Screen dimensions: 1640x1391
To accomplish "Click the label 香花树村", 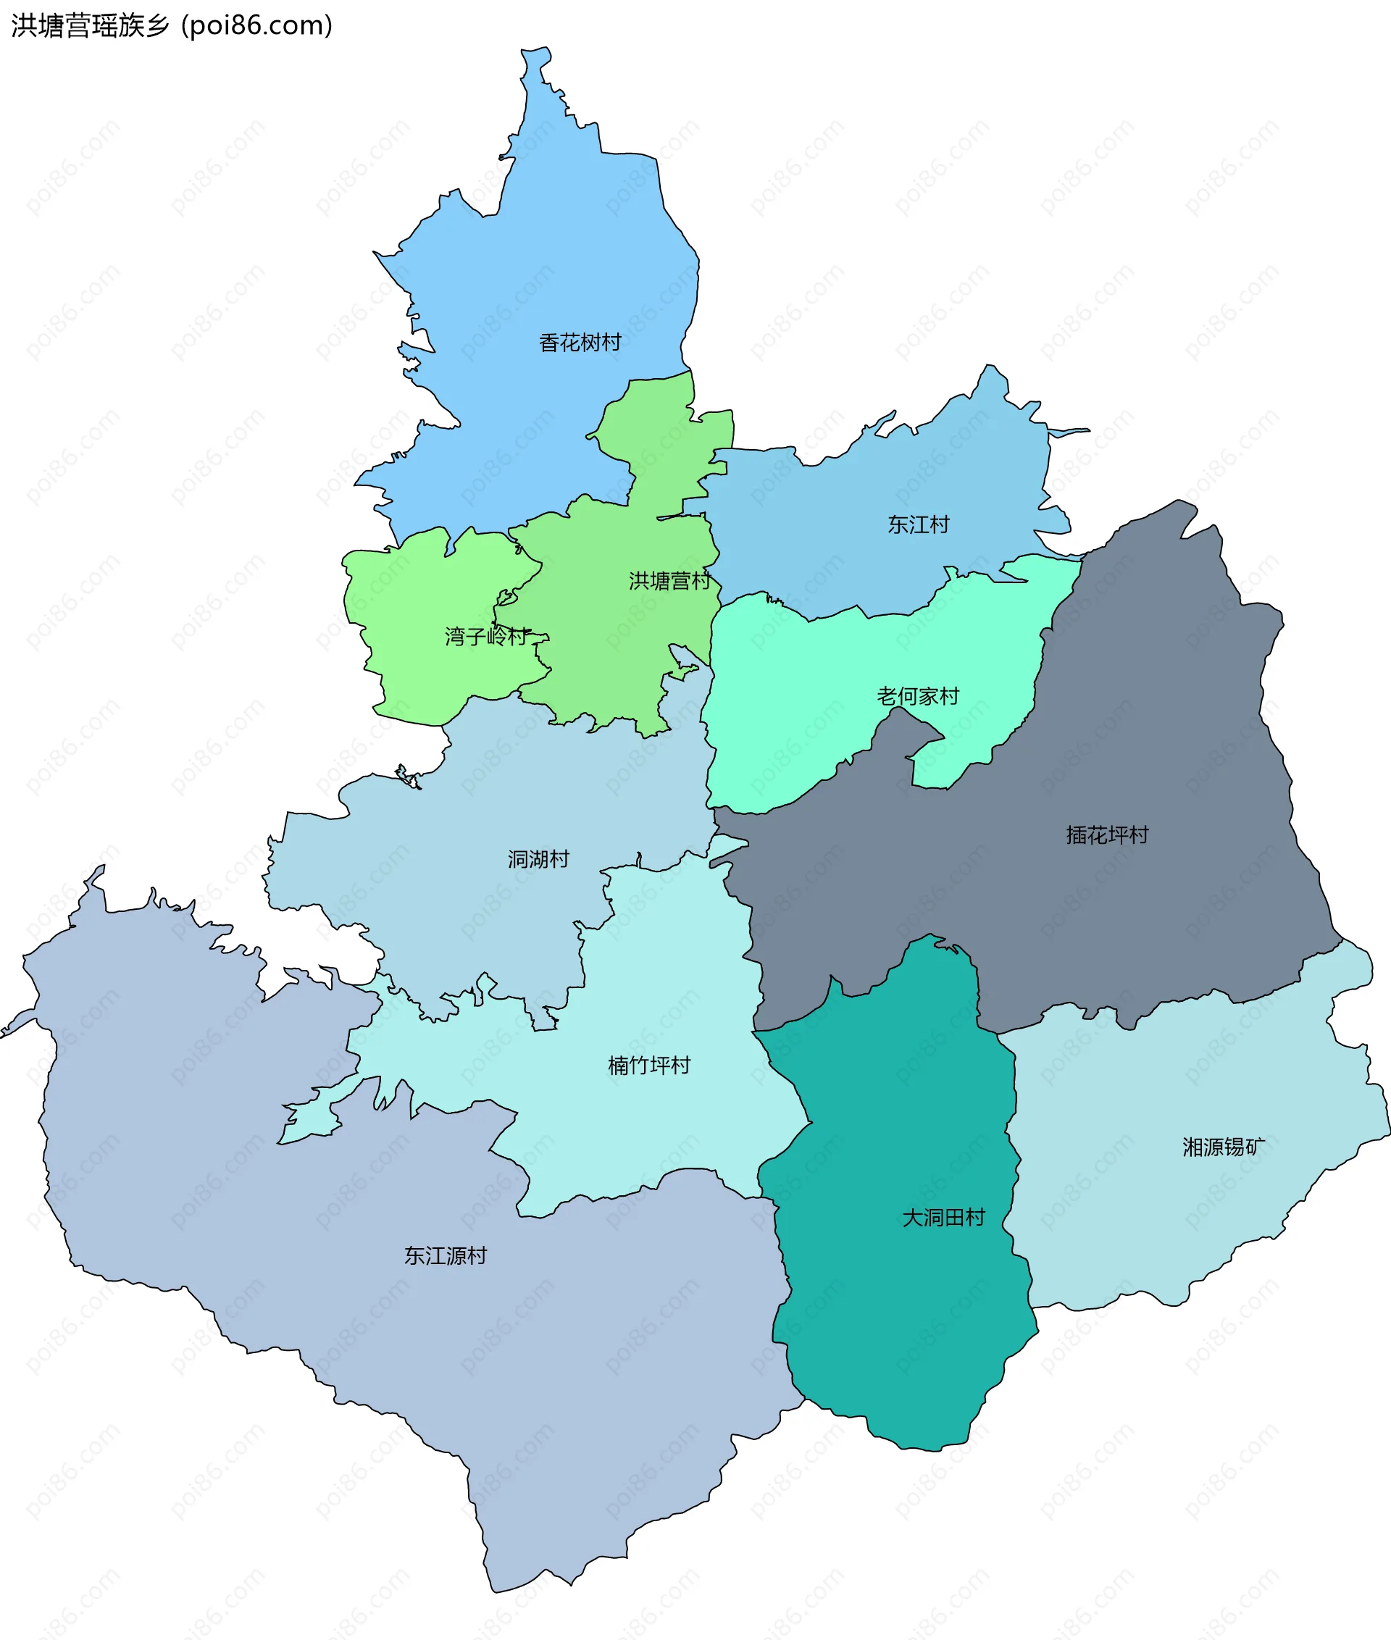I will click(580, 342).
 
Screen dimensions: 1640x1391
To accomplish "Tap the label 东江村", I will click(918, 524).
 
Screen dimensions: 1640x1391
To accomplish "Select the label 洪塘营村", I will click(669, 580).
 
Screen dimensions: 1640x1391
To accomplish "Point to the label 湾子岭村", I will click(485, 635).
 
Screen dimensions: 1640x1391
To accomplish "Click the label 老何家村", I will click(918, 695).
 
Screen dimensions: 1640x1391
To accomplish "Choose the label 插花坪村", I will click(1107, 834).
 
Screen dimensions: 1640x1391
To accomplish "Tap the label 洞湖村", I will click(538, 858).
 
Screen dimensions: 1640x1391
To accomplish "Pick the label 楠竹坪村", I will click(649, 1066).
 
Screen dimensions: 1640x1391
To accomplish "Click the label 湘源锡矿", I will click(1223, 1147).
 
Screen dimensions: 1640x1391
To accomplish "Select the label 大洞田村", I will click(943, 1218).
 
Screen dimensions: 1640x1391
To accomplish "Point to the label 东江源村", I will click(446, 1255).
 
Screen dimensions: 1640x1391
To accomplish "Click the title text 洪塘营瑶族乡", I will click(90, 25).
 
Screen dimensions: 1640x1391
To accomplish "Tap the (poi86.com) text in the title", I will click(257, 25).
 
